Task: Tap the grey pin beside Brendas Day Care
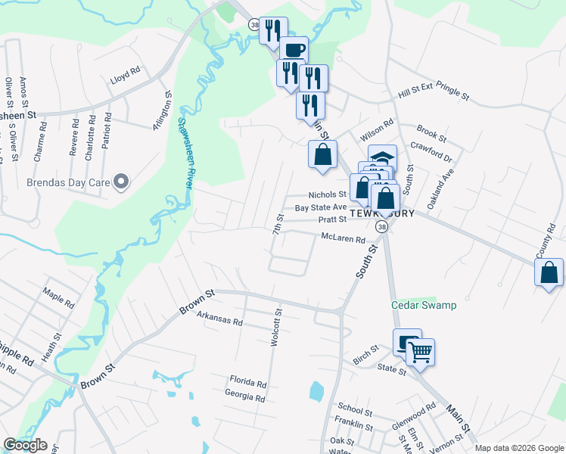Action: (x=121, y=182)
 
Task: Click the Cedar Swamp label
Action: (x=424, y=305)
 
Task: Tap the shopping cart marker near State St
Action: (x=421, y=350)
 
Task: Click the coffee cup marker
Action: (x=294, y=51)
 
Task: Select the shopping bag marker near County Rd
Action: (x=549, y=272)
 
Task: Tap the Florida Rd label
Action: (x=249, y=384)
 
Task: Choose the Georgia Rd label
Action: (x=245, y=396)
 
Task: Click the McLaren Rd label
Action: (x=343, y=238)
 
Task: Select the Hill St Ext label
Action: (x=415, y=96)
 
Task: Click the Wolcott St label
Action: (x=278, y=326)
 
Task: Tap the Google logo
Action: (x=25, y=445)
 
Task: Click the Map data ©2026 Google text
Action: (x=519, y=448)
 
